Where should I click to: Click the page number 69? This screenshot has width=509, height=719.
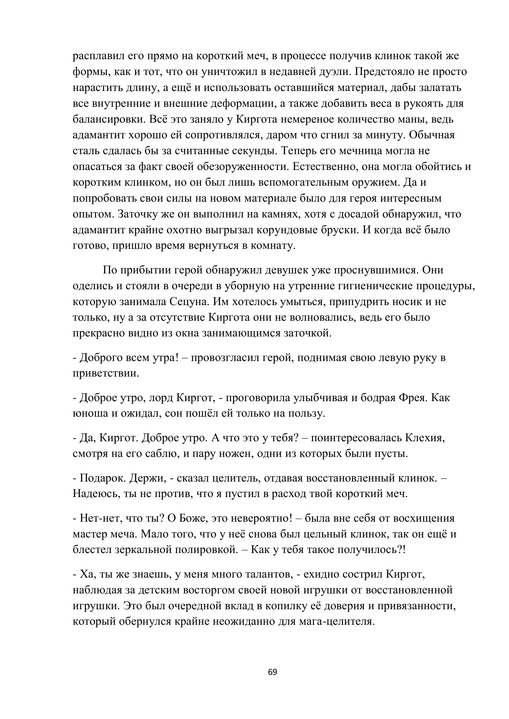click(x=272, y=672)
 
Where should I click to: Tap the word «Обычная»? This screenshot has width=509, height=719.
click(x=431, y=135)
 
